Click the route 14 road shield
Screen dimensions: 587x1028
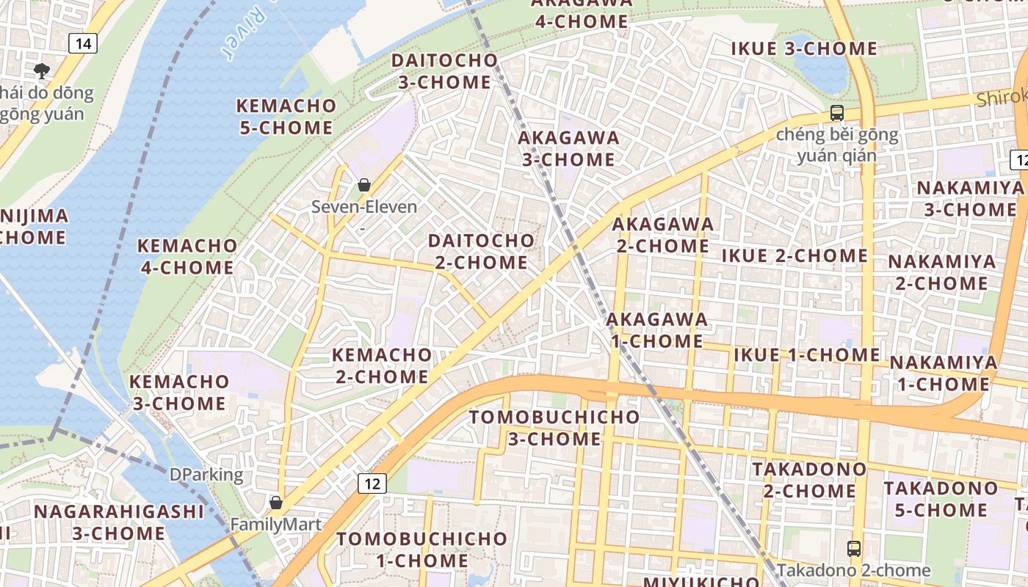click(x=84, y=43)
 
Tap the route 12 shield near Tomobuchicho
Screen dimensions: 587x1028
click(x=373, y=483)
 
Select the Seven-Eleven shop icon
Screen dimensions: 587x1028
click(x=363, y=185)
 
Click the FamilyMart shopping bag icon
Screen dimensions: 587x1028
click(x=276, y=503)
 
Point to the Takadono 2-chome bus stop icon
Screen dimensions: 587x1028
click(x=853, y=548)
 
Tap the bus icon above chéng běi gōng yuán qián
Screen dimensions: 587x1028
click(x=836, y=113)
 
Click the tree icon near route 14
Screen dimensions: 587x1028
click(x=42, y=70)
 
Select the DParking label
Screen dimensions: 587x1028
click(x=206, y=475)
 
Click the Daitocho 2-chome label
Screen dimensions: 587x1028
click(x=481, y=251)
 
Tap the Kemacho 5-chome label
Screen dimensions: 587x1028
click(x=286, y=116)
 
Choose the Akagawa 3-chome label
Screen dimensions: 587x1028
click(x=568, y=148)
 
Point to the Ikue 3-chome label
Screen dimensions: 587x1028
click(x=804, y=49)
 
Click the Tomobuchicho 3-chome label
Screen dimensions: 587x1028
click(x=554, y=428)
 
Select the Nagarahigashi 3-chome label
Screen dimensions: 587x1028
click(x=119, y=522)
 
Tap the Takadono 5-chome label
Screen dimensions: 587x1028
click(x=941, y=499)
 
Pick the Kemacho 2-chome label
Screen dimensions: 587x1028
click(x=382, y=365)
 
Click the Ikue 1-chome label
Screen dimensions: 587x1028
click(x=806, y=355)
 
